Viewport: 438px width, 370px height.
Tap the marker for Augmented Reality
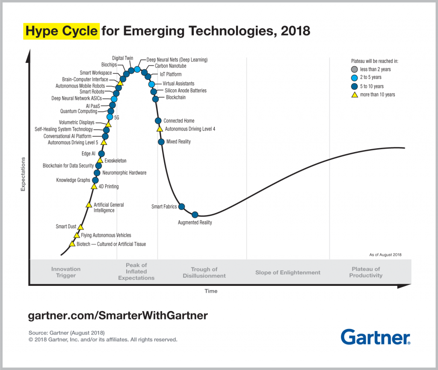195,214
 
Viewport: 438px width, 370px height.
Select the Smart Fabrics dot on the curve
181,207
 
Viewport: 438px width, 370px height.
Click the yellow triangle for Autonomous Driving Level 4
160,129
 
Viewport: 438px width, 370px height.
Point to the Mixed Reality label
178,142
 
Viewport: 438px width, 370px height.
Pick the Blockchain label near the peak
175,98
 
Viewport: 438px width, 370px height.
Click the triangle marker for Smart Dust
80,227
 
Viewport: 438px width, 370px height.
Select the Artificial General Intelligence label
109,208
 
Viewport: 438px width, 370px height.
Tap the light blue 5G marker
110,117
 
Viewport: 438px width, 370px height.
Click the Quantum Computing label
78,112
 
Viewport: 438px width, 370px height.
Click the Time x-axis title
211,291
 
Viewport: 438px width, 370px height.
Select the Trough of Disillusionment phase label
204,273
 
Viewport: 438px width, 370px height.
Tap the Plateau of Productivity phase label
365,272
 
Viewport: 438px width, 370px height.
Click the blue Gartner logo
376,337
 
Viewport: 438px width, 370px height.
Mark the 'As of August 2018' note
385,255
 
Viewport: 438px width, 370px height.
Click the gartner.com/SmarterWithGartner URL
118,315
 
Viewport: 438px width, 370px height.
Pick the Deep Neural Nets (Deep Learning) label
177,60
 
